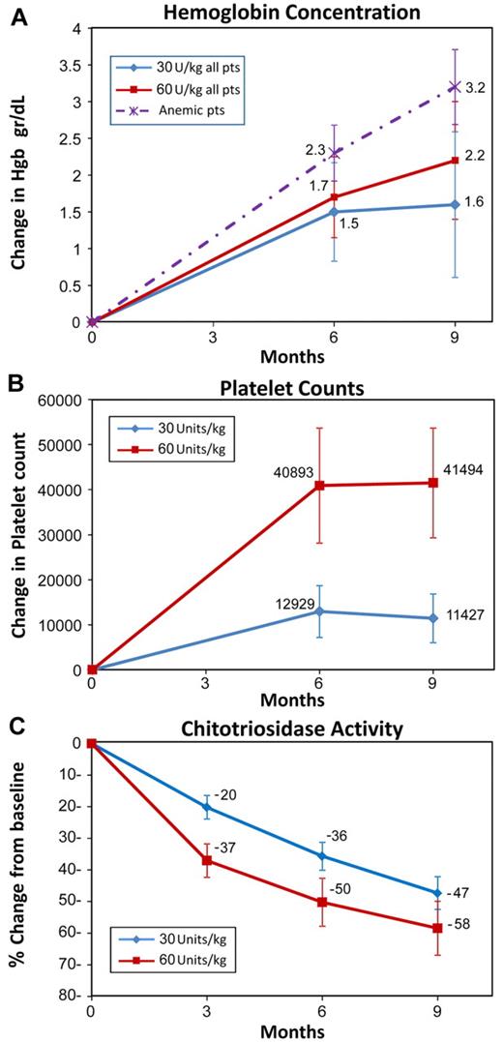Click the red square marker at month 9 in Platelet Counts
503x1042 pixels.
coord(432,482)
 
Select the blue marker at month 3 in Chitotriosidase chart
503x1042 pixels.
coord(206,806)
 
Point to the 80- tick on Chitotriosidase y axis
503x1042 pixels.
coord(67,996)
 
